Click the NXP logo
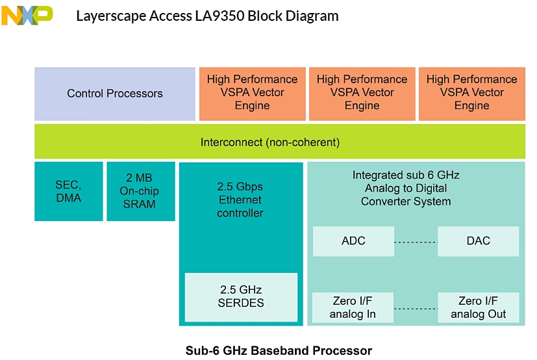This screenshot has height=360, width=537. [27, 15]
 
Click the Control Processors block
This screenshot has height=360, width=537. [114, 94]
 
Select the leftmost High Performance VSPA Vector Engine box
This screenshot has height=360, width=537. [252, 93]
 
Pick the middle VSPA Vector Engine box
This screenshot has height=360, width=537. [362, 93]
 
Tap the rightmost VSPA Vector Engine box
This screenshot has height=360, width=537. [471, 93]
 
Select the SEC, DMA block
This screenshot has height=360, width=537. [68, 192]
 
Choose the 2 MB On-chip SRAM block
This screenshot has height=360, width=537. [140, 192]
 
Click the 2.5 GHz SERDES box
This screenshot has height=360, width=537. [241, 296]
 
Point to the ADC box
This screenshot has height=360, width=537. [353, 241]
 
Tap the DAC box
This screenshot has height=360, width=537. [478, 241]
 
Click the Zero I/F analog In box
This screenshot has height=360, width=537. [353, 308]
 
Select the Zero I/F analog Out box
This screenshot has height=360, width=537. [478, 308]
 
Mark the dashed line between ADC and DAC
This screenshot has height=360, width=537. [416, 242]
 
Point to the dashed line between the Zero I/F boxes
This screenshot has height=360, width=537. [416, 308]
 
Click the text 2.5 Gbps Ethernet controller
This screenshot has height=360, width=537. [240, 200]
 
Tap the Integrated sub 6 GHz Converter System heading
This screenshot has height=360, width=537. [406, 188]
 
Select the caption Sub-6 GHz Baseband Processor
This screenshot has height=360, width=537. [279, 351]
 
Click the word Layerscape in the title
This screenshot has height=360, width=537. [109, 16]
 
